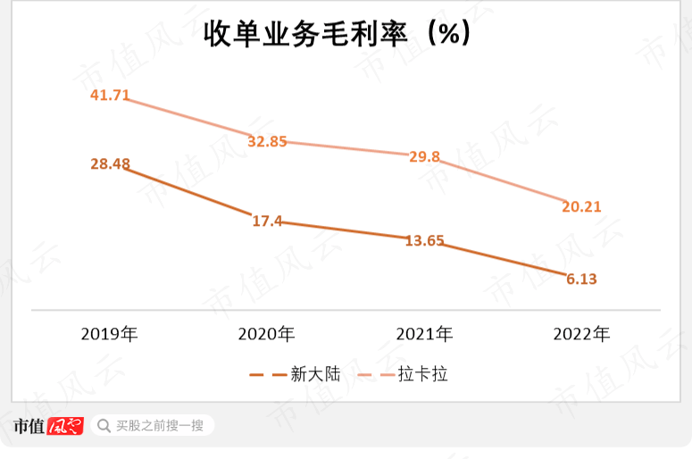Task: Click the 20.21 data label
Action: pos(581,207)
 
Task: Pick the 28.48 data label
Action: pos(111,163)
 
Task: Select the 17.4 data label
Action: pos(267,221)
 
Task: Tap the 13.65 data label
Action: pos(424,240)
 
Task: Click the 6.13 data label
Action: pos(581,279)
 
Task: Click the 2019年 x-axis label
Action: pos(110,335)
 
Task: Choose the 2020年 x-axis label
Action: pos(267,335)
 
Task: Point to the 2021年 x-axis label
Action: pos(424,335)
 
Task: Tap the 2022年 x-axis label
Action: pos(581,335)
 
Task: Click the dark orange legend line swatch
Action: pos(267,375)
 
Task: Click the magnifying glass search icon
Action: pos(104,426)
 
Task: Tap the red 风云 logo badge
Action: pos(64,426)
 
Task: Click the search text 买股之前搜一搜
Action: pos(160,426)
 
